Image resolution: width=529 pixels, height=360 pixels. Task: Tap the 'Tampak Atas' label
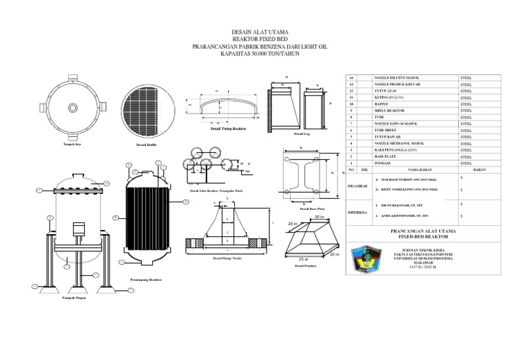[73, 145]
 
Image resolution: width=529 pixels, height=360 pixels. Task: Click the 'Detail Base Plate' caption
[303, 209]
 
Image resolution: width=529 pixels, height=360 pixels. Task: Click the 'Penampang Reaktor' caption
[145, 280]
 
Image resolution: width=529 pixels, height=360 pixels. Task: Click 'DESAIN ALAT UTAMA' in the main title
[264, 32]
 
